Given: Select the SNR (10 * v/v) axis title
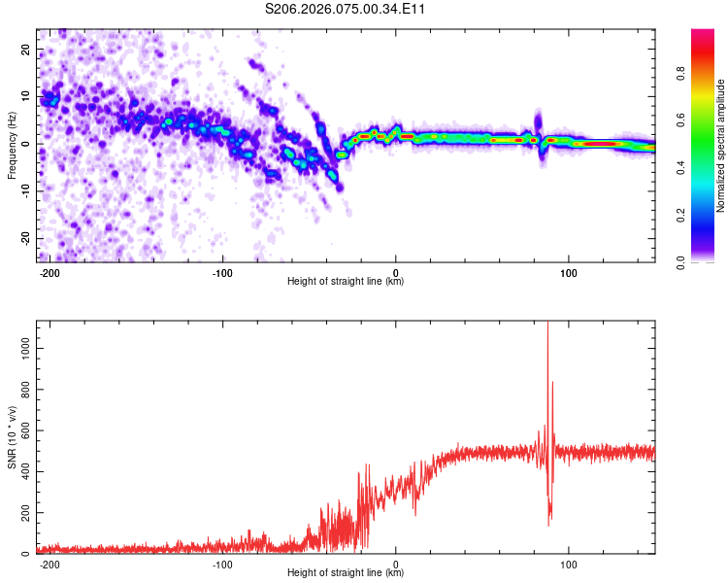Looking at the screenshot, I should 12,437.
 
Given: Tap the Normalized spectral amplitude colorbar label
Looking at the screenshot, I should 721,146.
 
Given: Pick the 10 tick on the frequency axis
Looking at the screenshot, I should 26,96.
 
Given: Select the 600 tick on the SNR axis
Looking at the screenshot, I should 22,429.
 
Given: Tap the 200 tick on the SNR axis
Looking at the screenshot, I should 22,512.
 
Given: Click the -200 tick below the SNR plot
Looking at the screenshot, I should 50,564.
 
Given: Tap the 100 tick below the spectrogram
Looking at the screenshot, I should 569,272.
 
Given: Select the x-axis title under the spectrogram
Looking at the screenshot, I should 346,282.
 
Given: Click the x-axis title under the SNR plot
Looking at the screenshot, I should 346,573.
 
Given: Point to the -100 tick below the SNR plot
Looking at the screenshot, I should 222,564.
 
